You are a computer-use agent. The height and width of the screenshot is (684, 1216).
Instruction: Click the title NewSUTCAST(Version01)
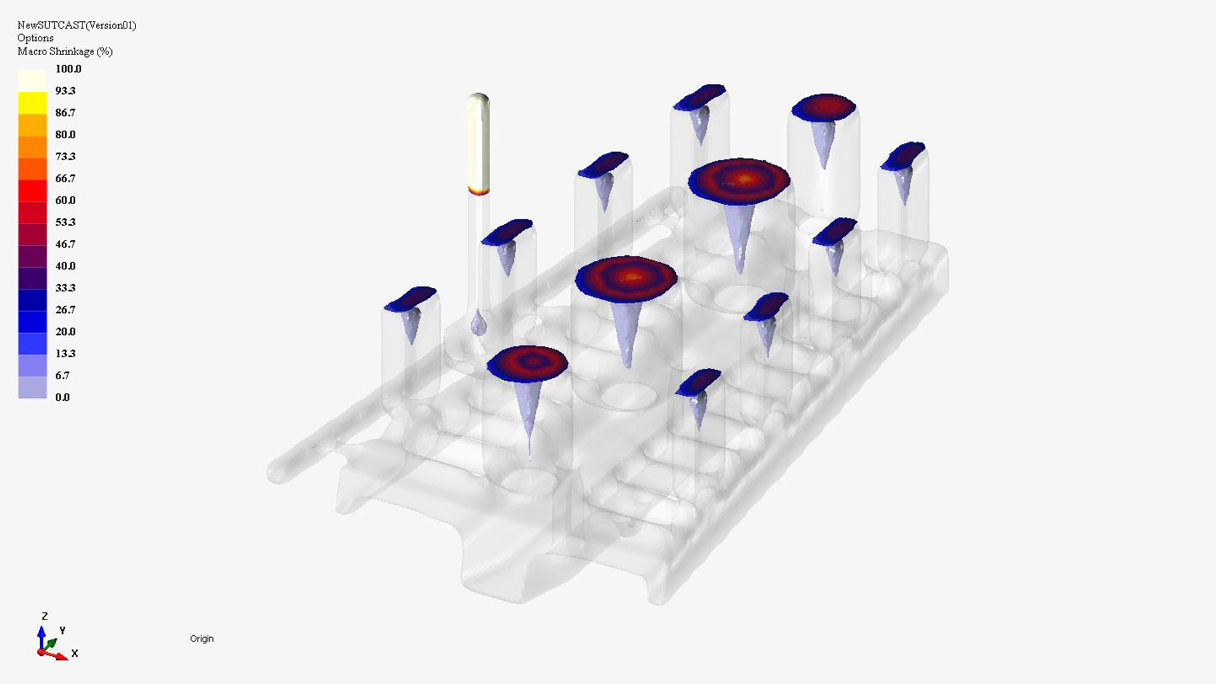77,25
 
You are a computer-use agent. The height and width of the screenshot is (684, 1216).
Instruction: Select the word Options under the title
35,38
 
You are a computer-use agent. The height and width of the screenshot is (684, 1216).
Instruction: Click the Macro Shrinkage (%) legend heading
65,51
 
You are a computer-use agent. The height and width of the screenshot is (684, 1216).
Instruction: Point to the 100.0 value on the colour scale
68,69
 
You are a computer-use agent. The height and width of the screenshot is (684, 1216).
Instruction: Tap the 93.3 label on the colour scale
65,91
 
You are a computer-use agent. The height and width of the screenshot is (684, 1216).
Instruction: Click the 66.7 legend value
65,179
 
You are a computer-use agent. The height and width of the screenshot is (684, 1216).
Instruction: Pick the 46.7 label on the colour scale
65,244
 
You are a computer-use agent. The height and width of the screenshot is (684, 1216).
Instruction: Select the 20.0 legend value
65,332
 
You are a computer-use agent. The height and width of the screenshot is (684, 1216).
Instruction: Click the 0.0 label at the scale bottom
63,398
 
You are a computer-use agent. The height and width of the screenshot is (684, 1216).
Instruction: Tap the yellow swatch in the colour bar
32,103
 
